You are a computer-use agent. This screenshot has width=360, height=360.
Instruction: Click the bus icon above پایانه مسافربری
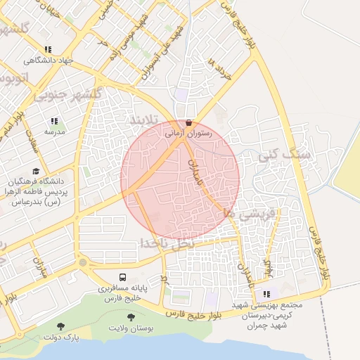(x=123, y=277)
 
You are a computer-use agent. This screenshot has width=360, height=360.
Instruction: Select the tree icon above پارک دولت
(x=61, y=326)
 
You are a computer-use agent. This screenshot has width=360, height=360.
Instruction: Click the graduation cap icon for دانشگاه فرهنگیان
(x=35, y=171)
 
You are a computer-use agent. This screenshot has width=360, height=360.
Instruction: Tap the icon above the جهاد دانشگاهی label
(x=48, y=49)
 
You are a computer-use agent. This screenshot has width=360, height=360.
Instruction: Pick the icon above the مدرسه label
(x=55, y=121)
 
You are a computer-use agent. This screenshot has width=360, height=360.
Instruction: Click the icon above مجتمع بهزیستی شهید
(x=266, y=294)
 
